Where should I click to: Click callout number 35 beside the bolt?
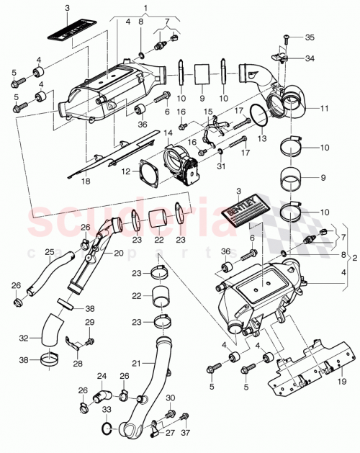pos(310,37)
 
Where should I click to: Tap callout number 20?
pos(117,254)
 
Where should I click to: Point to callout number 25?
pos(50,252)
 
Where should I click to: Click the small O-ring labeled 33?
pos(107,430)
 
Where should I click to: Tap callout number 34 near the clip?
pos(310,58)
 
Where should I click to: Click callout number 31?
pos(220,167)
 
